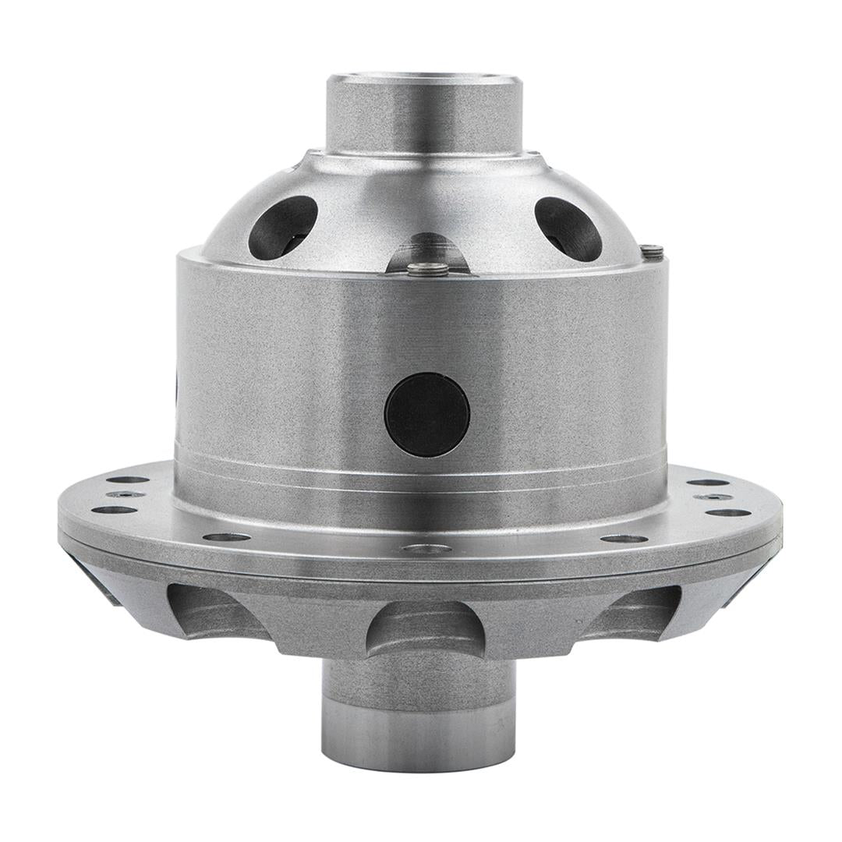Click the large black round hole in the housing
[427, 414]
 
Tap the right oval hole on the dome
[568, 228]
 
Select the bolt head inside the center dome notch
[429, 269]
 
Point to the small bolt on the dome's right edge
[651, 251]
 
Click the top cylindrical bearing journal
[423, 113]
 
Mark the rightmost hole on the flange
[728, 512]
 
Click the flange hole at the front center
[426, 549]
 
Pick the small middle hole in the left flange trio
[126, 494]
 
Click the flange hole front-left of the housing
[226, 536]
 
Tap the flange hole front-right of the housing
[624, 538]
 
